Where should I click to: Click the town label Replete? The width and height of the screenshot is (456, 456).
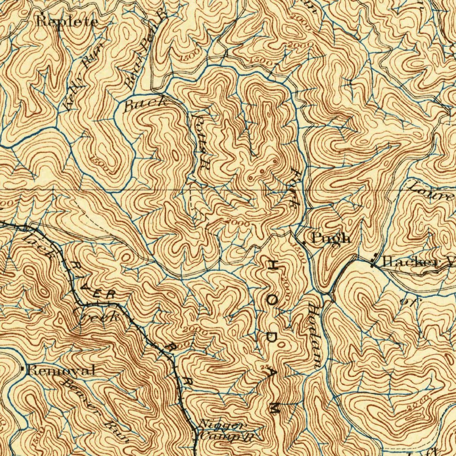pos(67,21)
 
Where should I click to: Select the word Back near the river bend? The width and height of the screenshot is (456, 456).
pos(145,105)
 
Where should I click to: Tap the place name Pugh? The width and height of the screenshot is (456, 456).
pos(331,238)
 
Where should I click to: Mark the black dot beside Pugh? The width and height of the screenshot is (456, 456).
pos(304,242)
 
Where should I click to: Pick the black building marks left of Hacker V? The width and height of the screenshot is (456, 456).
pos(373,262)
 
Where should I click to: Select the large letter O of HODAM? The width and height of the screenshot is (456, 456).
pos(271,300)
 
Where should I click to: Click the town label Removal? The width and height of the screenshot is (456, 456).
pos(61,370)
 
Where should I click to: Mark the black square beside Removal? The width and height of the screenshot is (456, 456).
pos(23,368)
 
